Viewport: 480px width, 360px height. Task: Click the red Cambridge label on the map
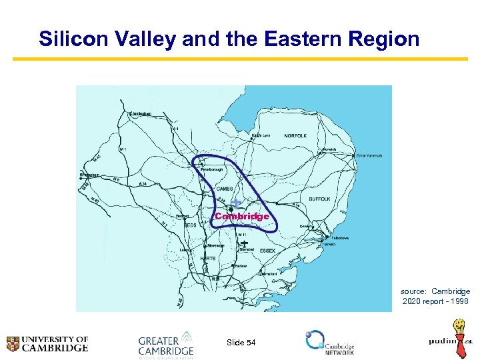242,216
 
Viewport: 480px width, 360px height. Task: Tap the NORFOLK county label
295,136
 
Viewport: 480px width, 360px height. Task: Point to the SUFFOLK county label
319,199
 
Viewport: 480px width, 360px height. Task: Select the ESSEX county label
267,251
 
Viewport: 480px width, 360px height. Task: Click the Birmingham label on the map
89,175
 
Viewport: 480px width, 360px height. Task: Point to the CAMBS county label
225,189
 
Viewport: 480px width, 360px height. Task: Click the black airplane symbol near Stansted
245,245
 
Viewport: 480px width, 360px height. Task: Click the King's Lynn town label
261,135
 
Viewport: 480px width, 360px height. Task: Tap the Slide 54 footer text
241,342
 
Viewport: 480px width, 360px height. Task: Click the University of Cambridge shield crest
13,344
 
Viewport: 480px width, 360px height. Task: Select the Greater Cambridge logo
166,344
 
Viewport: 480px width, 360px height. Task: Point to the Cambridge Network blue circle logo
314,339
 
